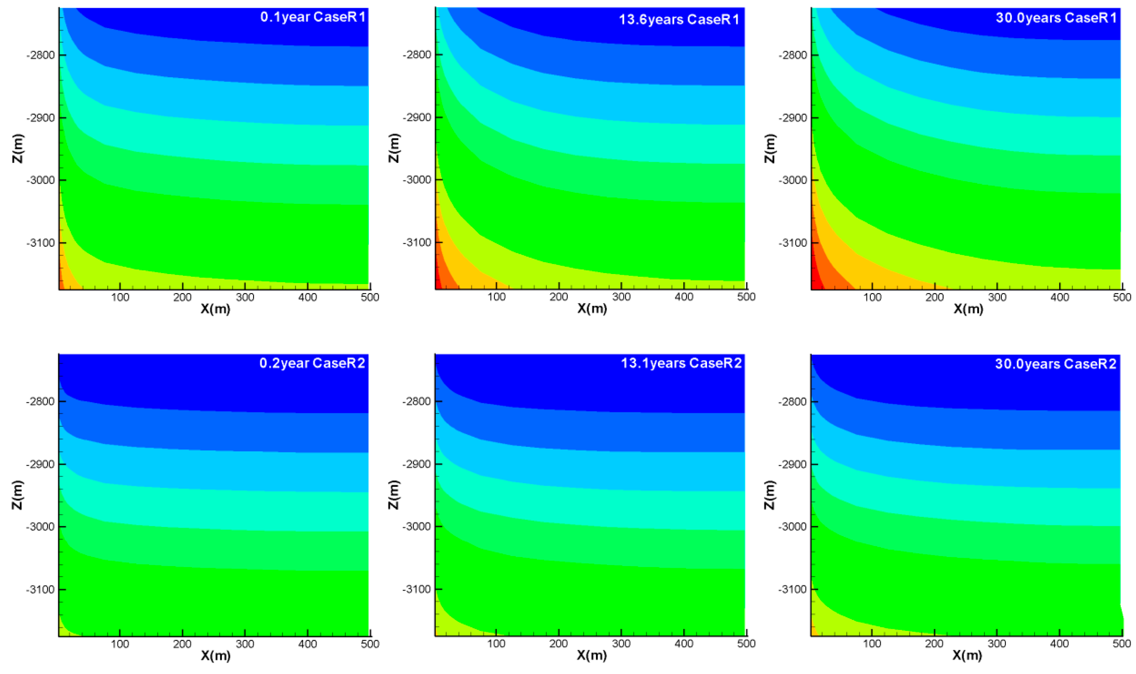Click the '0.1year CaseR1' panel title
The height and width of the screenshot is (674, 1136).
[x=312, y=17]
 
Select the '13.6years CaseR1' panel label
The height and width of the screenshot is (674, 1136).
[x=679, y=19]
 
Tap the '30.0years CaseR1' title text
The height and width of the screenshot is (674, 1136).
[x=1055, y=18]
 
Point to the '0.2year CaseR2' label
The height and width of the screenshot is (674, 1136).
[x=312, y=363]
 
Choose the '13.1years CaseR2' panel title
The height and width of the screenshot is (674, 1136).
[x=681, y=363]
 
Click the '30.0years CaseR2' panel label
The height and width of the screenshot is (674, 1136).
[x=1055, y=364]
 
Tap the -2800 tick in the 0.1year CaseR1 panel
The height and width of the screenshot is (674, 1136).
[x=41, y=55]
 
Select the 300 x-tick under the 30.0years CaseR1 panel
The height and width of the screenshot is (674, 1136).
[x=997, y=297]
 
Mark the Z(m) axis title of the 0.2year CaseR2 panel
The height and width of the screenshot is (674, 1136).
[x=17, y=495]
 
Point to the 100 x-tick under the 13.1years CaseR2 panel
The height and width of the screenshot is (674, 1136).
[x=496, y=644]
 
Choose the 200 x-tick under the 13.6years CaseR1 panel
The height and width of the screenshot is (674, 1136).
[x=558, y=297]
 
